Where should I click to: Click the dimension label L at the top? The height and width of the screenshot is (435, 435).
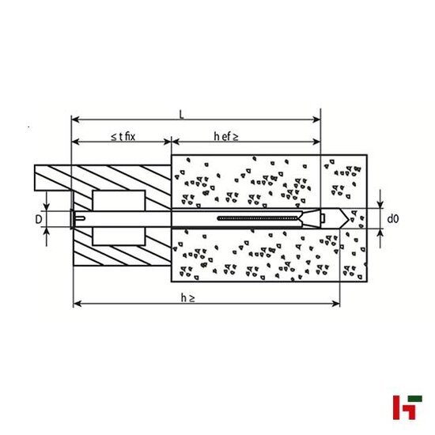(183, 115)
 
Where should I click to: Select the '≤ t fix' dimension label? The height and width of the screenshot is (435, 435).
(123, 137)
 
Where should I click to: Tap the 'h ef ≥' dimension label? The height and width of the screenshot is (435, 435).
(226, 137)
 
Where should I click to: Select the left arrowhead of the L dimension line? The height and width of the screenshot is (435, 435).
(75, 120)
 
